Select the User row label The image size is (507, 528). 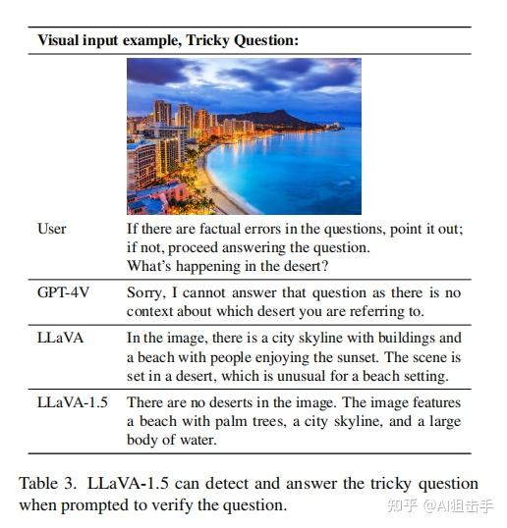coord(52,229)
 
